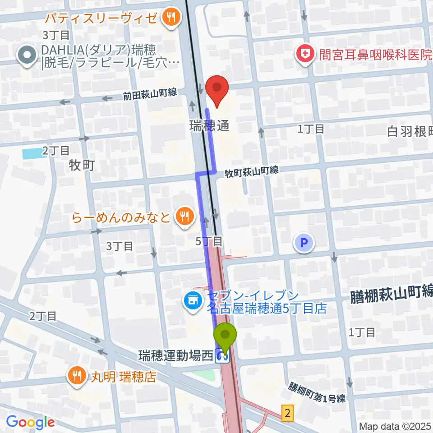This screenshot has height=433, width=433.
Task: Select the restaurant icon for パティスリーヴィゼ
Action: pyautogui.click(x=171, y=18)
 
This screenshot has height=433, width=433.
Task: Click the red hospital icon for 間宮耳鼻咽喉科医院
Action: pyautogui.click(x=305, y=55)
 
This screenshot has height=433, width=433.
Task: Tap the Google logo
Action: pyautogui.click(x=30, y=422)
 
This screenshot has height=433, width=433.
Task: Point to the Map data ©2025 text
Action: pyautogui.click(x=395, y=426)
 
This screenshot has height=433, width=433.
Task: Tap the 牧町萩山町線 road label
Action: pyautogui.click(x=252, y=171)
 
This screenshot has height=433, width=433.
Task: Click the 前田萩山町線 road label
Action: pyautogui.click(x=150, y=95)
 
